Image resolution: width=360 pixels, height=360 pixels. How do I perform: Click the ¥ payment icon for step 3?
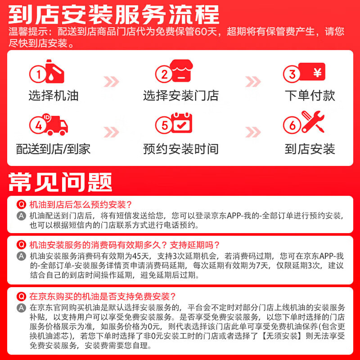pyautogui.click(x=310, y=73)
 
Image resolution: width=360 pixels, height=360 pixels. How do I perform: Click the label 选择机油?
pyautogui.click(x=53, y=96)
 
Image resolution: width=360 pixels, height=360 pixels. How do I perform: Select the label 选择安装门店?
pyautogui.click(x=180, y=96)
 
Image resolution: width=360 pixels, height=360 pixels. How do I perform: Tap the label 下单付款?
pyautogui.click(x=310, y=96)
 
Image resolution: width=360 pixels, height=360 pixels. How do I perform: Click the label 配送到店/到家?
pyautogui.click(x=53, y=149)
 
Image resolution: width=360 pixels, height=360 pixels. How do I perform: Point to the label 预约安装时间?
pyautogui.click(x=180, y=149)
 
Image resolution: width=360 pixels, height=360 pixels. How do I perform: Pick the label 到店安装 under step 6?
pyautogui.click(x=310, y=149)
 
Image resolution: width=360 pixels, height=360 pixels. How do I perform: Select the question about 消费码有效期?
pyautogui.click(x=124, y=245)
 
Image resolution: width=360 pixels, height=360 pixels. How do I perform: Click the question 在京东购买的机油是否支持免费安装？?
pyautogui.click(x=102, y=297)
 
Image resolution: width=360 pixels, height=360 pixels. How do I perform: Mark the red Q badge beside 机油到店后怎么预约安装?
pyautogui.click(x=21, y=203)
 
